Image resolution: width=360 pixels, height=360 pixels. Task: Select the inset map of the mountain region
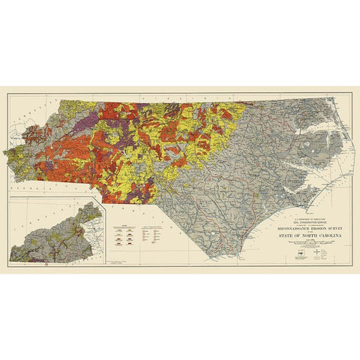pos(55,232)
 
